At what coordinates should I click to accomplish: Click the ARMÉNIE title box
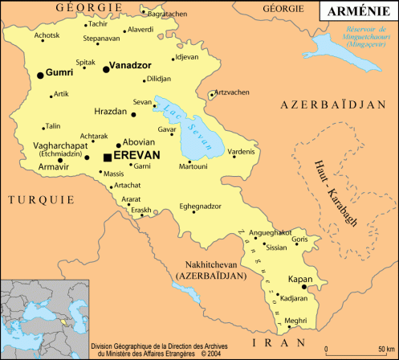(356, 11)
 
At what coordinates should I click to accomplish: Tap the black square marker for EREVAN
(108, 157)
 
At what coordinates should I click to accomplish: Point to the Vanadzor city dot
(107, 70)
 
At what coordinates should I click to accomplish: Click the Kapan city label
(300, 280)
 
